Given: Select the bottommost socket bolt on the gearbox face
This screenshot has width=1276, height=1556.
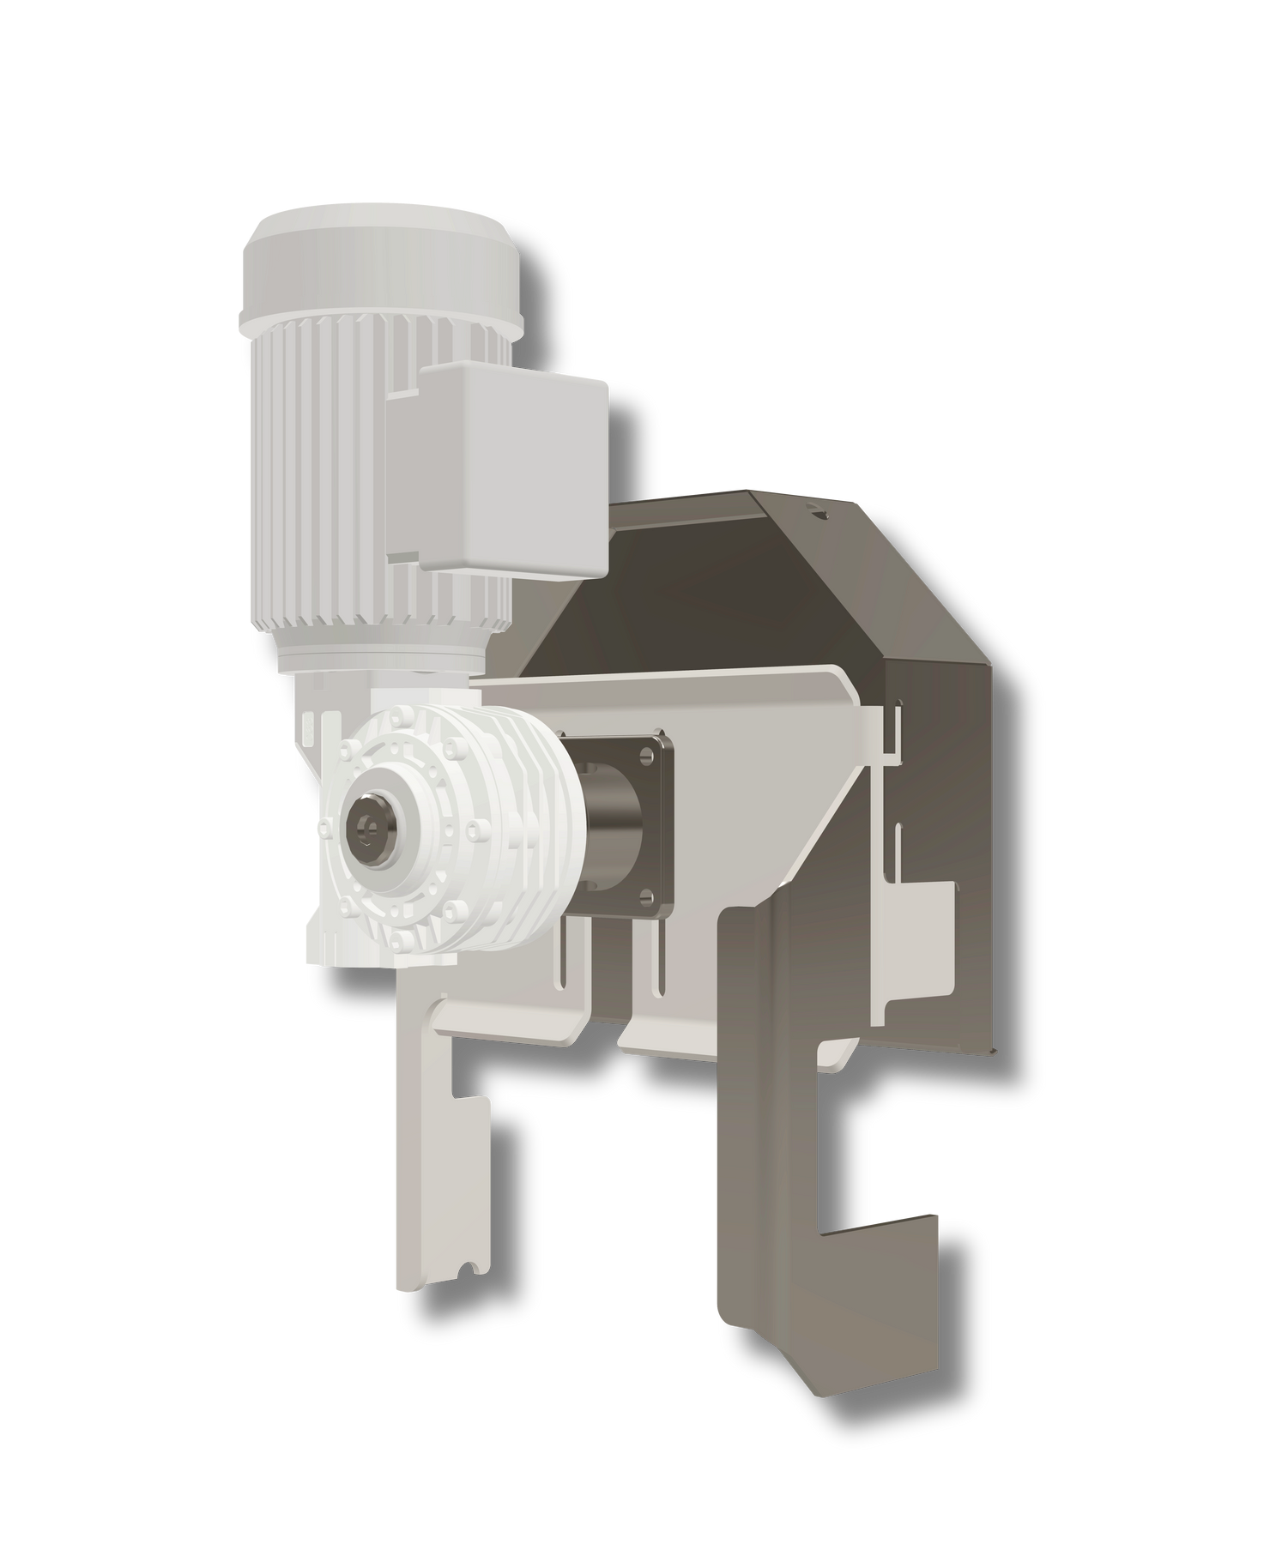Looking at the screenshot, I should click(x=402, y=943).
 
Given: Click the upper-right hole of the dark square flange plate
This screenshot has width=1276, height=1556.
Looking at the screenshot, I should click(x=646, y=754).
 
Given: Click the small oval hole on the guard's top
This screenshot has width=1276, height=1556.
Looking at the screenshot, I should click(x=816, y=515).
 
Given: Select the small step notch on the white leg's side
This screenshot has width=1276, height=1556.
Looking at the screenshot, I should click(x=472, y=1101).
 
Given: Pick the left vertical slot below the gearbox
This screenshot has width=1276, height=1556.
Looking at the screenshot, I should click(x=562, y=961).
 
